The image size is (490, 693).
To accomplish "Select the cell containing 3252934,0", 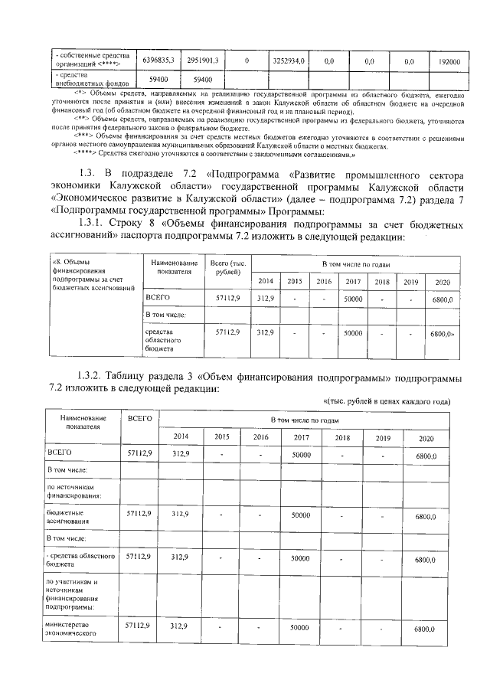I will point(289,60).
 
